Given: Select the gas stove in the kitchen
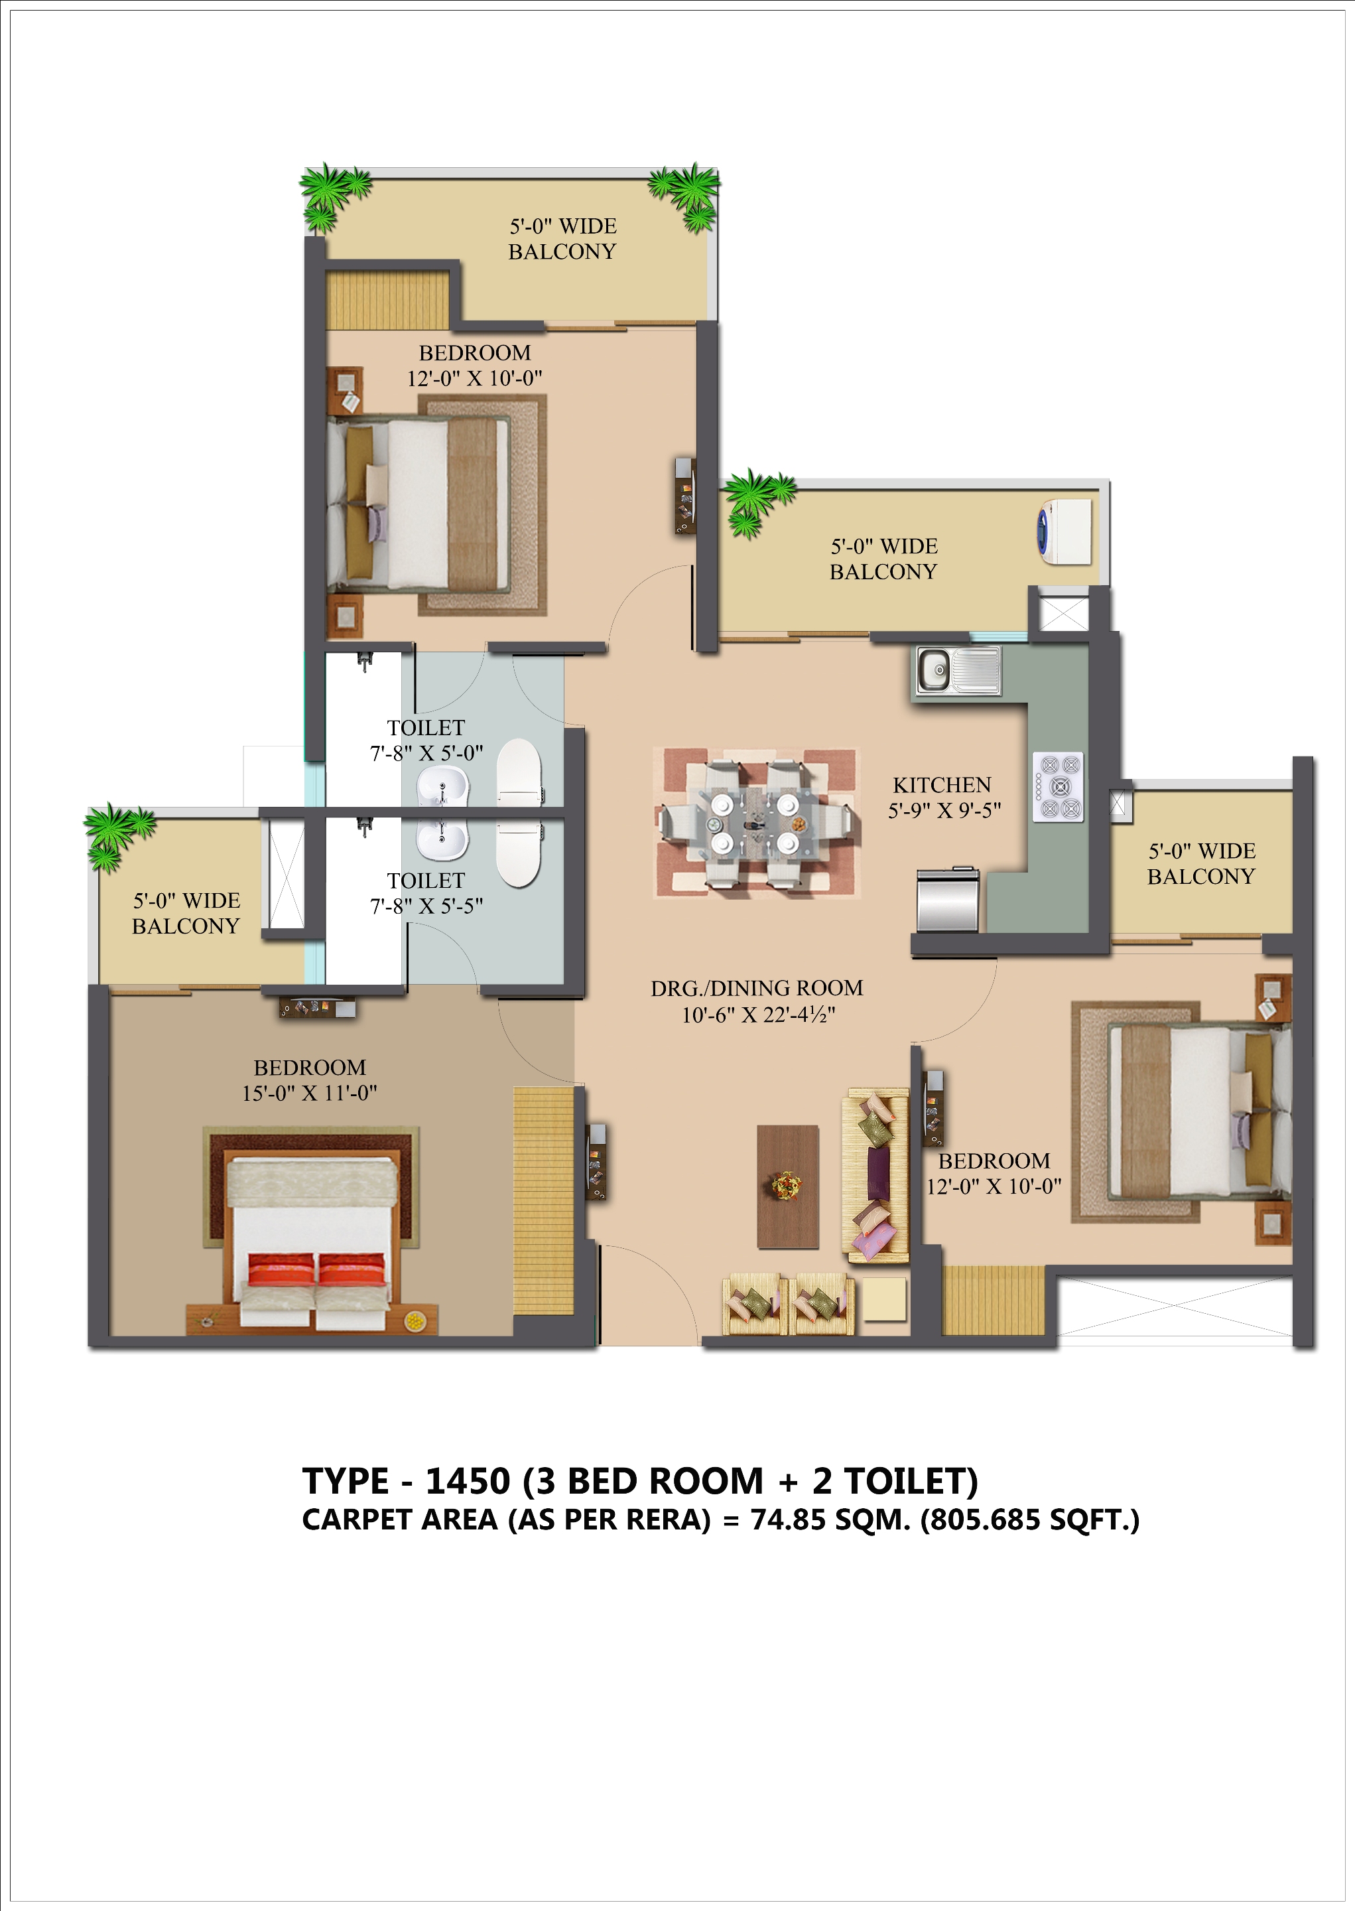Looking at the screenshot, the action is click(x=1059, y=787).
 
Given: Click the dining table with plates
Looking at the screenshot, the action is click(x=756, y=822).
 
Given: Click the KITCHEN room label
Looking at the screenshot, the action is click(x=942, y=785).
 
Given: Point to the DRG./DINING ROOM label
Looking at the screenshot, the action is click(x=757, y=988).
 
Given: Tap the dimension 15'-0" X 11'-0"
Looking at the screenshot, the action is click(x=310, y=1094).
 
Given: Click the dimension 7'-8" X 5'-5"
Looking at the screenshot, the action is click(x=426, y=906).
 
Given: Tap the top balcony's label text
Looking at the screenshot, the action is click(x=562, y=239).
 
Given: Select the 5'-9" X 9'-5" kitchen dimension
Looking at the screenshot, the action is click(x=944, y=810).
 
